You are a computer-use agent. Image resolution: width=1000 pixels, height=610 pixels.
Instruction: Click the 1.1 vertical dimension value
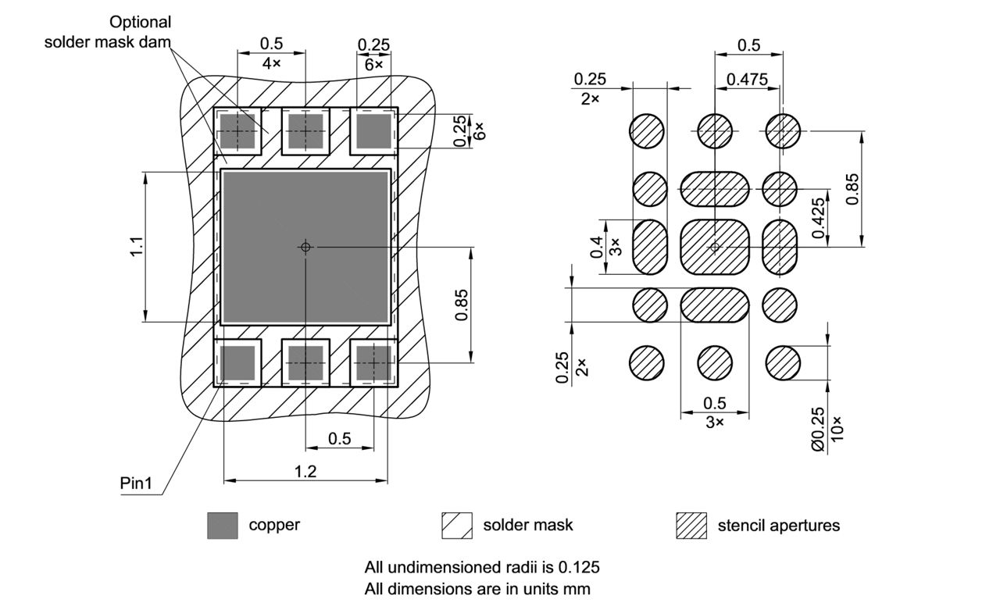pyautogui.click(x=137, y=246)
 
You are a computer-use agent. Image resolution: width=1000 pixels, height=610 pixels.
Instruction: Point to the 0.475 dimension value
pyautogui.click(x=747, y=79)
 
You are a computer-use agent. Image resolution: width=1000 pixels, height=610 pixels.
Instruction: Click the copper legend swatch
pyautogui.click(x=223, y=526)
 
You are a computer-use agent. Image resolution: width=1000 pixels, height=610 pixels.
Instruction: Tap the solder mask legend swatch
pyautogui.click(x=457, y=526)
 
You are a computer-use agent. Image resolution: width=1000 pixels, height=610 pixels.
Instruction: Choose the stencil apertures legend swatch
pyautogui.click(x=691, y=526)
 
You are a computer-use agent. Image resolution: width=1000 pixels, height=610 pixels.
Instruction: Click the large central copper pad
pyautogui.click(x=305, y=247)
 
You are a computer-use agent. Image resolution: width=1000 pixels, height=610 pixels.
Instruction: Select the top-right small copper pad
pyautogui.click(x=373, y=130)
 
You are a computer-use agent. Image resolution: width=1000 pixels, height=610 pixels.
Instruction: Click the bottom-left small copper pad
pyautogui.click(x=237, y=363)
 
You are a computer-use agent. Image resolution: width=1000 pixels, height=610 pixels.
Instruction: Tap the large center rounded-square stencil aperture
pyautogui.click(x=715, y=247)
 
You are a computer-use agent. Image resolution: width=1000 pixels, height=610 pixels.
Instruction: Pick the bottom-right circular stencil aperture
pyautogui.click(x=783, y=362)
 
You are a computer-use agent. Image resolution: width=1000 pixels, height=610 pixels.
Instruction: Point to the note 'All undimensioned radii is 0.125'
pyautogui.click(x=482, y=566)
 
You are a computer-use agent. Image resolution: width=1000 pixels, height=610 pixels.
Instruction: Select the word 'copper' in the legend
pyautogui.click(x=274, y=525)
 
